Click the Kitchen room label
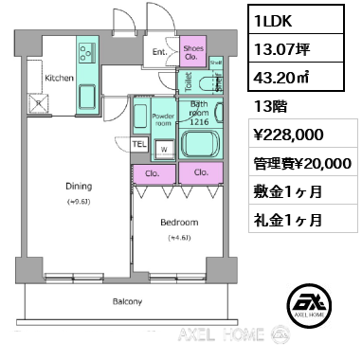pos(59,79)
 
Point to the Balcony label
pos(127,302)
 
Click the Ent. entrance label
pos(158,53)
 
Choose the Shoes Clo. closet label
pos(194,53)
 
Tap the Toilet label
pos(190,81)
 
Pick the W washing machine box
pos(164,147)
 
